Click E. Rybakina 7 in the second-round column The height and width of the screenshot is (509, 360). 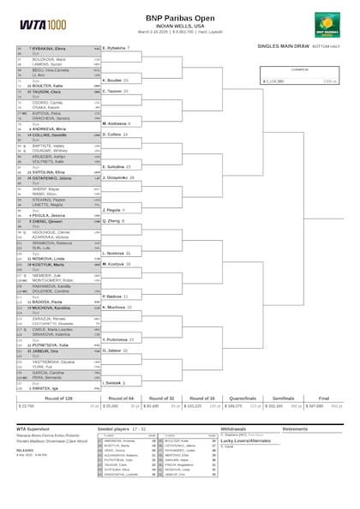click(116, 49)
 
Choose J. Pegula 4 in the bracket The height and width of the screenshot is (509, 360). click(114, 209)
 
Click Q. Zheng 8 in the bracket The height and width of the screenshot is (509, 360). click(113, 220)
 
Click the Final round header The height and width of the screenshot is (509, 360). click(324, 399)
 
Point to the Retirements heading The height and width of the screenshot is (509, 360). click(295, 427)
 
